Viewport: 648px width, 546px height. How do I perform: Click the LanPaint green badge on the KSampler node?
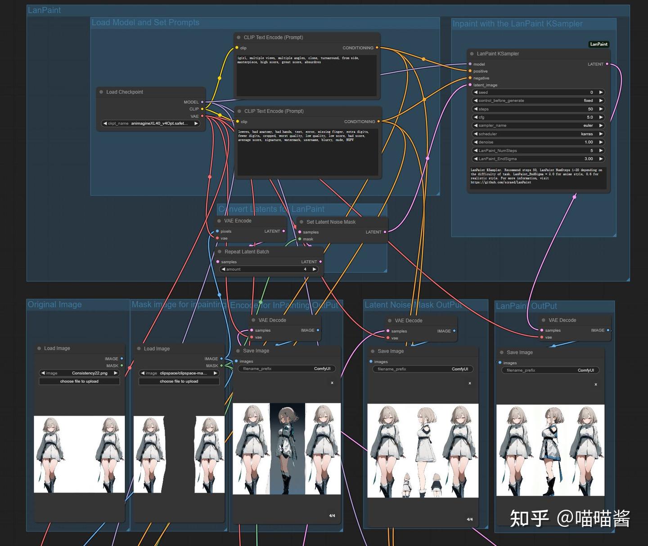pos(598,44)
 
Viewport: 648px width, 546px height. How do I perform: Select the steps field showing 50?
pos(538,109)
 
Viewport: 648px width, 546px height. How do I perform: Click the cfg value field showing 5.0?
pos(538,117)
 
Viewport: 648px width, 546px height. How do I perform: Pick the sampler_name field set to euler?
pos(538,125)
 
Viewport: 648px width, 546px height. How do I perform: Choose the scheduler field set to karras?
pos(538,134)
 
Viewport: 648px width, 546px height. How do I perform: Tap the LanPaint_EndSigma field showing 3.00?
pos(538,159)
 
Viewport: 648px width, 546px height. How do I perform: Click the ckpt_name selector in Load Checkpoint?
pos(150,123)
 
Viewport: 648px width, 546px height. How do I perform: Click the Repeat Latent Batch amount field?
pos(269,269)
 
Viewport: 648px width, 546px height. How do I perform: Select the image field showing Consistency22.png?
pos(79,373)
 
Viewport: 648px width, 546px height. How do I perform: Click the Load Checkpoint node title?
pos(125,92)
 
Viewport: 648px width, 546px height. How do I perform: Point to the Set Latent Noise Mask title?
pos(331,222)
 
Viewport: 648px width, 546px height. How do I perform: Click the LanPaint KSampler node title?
pos(498,53)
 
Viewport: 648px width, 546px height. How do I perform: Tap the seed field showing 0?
pos(538,92)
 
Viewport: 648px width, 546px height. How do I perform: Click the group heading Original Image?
pos(55,304)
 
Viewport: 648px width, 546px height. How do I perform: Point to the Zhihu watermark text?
pos(570,519)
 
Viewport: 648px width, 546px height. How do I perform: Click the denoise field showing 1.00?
pos(538,142)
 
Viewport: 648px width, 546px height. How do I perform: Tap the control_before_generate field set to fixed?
pos(538,101)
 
